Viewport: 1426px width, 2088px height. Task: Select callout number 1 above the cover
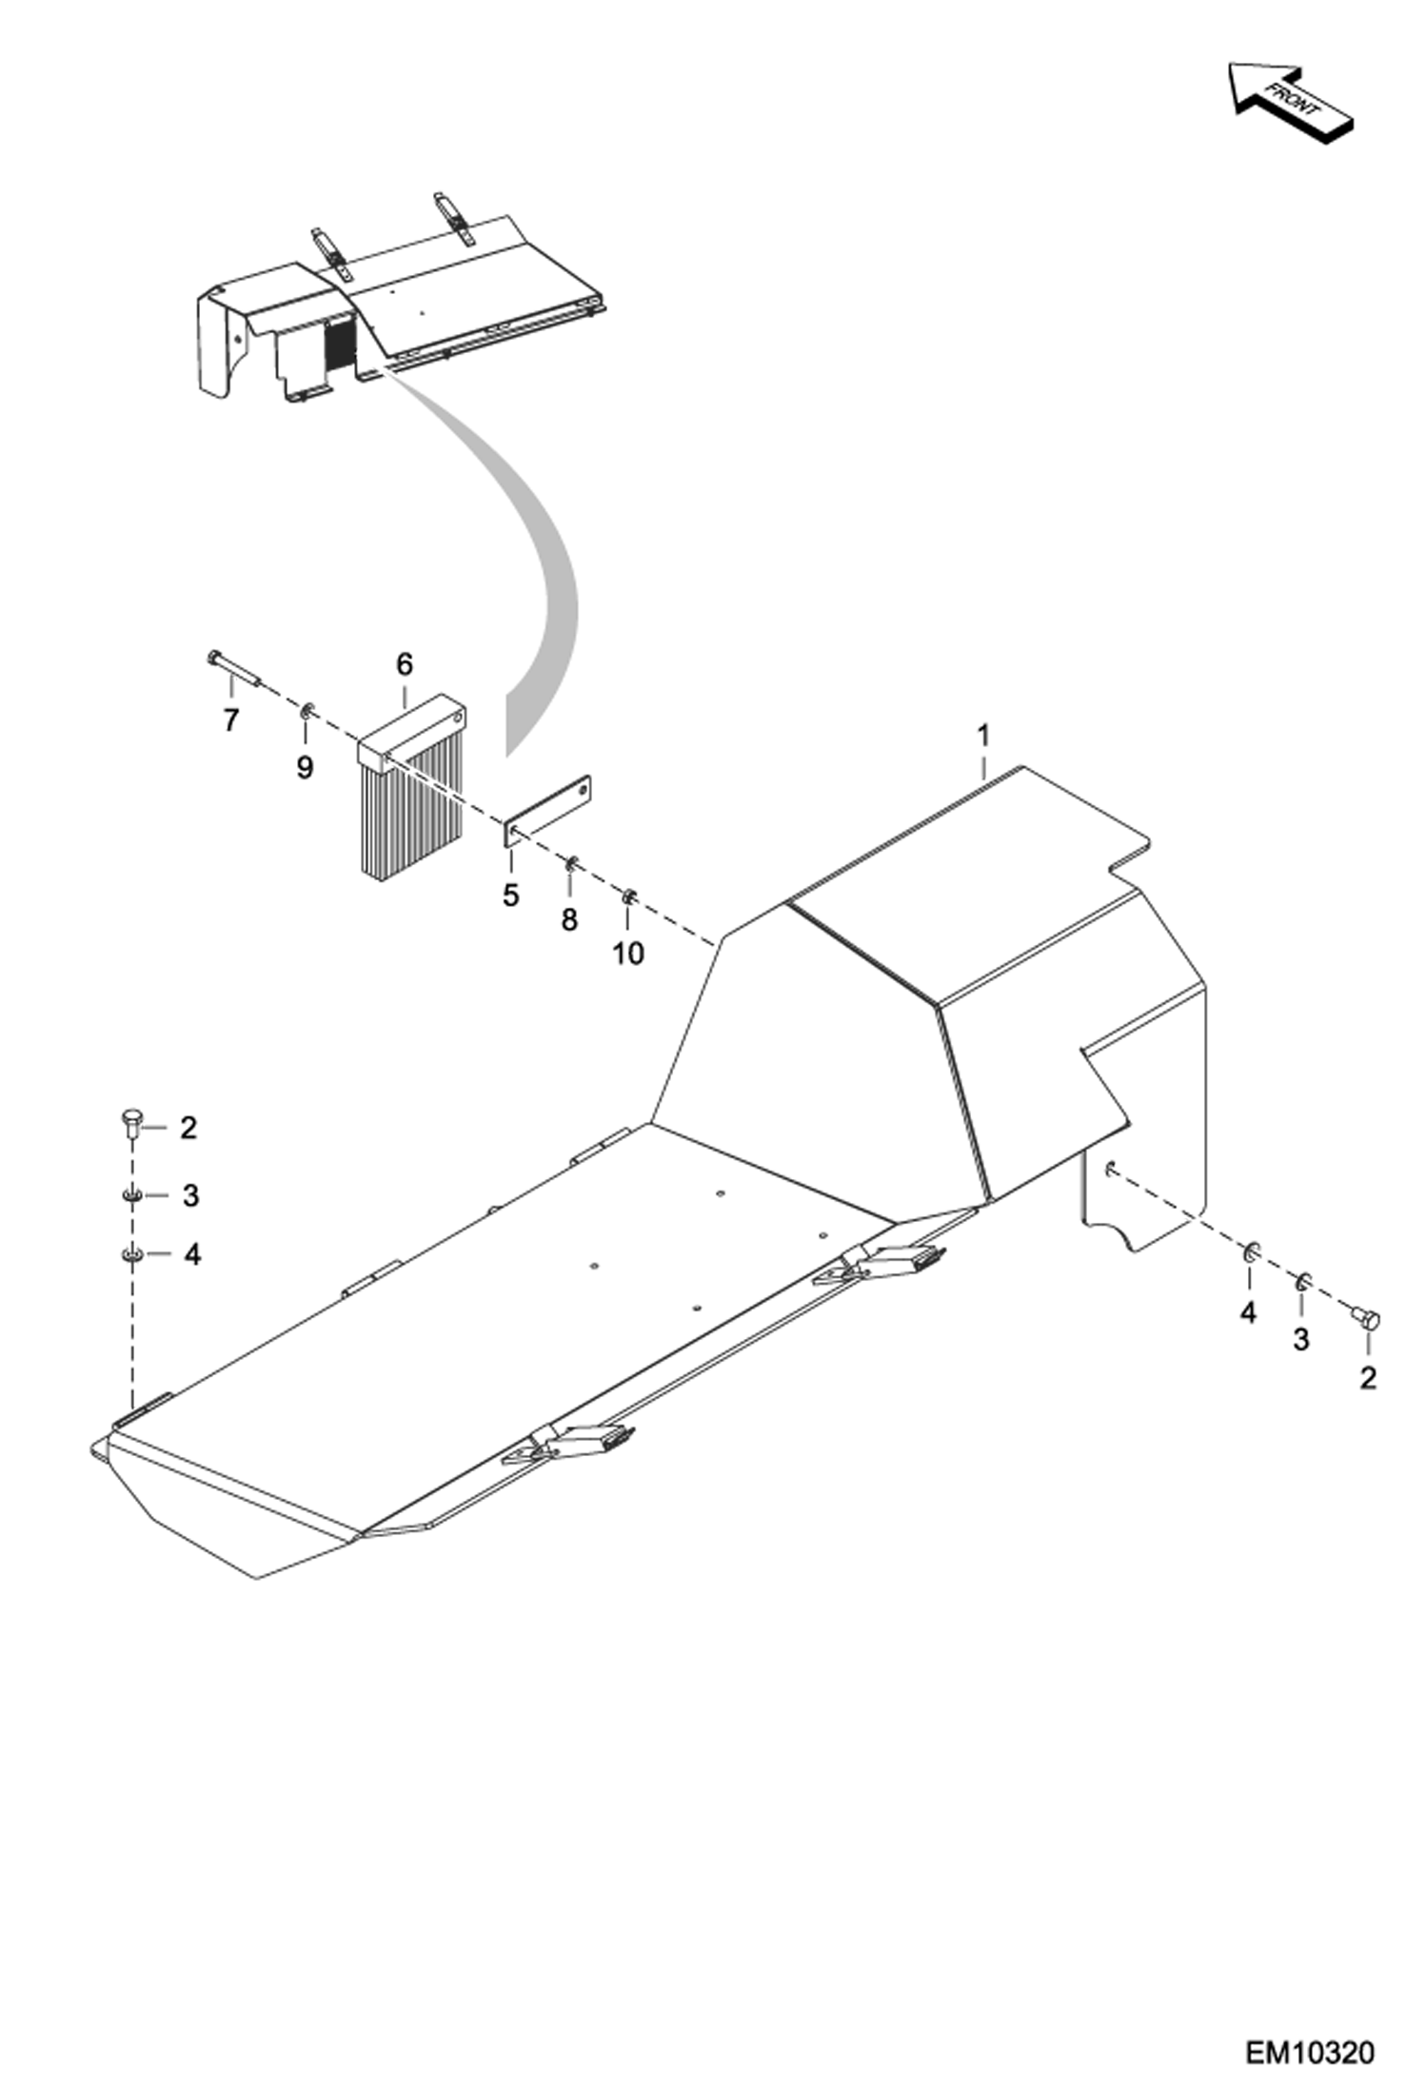[x=983, y=736]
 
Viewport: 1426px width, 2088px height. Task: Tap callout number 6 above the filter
[x=405, y=664]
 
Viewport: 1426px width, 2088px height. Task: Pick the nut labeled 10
[x=628, y=896]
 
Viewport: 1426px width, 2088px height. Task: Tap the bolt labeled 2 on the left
[x=131, y=1123]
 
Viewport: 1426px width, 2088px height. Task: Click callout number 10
[x=627, y=953]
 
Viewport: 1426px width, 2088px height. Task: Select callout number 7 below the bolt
[x=230, y=720]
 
